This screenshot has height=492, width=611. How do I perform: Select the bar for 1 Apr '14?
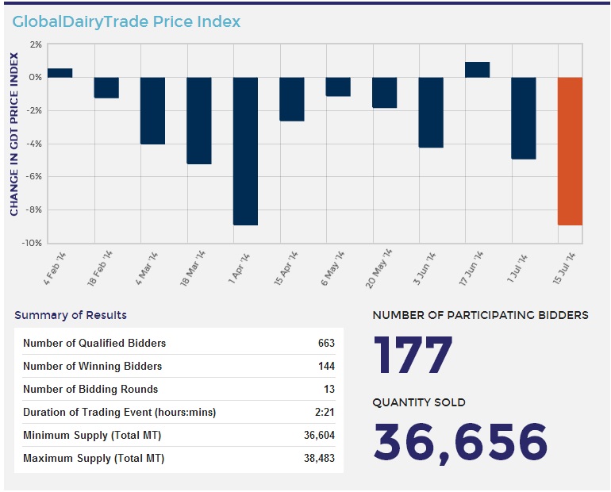(246, 151)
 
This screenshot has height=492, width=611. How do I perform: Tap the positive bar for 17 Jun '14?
(477, 70)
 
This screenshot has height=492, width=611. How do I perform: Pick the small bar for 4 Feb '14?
(60, 73)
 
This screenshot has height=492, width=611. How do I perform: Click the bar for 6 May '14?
(338, 86)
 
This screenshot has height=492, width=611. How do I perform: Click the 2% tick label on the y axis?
(34, 44)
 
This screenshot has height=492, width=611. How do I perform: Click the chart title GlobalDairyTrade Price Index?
(126, 21)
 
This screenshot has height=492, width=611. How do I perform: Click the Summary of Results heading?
(71, 315)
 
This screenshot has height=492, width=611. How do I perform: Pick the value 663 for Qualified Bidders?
(325, 344)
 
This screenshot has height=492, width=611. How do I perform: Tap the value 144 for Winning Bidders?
(325, 367)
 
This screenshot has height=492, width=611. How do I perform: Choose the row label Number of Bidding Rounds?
(90, 390)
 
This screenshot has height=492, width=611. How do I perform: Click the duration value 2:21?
(325, 413)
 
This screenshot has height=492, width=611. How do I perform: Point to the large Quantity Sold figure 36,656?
(460, 442)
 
